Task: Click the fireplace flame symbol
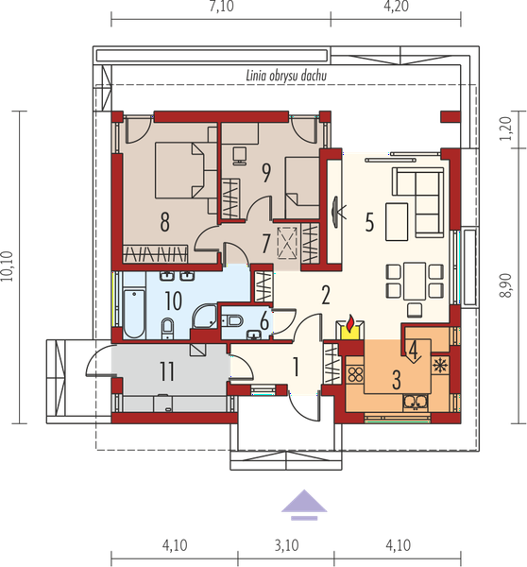click(349, 323)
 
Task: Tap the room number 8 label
click(165, 222)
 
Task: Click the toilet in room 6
click(231, 319)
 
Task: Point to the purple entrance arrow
click(304, 505)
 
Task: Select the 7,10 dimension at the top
click(221, 7)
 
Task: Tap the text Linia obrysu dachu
click(286, 76)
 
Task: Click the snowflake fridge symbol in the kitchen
click(440, 366)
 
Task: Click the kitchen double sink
click(416, 403)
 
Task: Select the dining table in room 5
click(415, 281)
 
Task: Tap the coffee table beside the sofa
click(397, 222)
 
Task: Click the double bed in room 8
click(179, 170)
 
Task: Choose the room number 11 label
click(167, 371)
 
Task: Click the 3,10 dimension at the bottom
click(286, 545)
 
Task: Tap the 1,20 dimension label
click(505, 129)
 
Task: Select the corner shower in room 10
click(205, 316)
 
